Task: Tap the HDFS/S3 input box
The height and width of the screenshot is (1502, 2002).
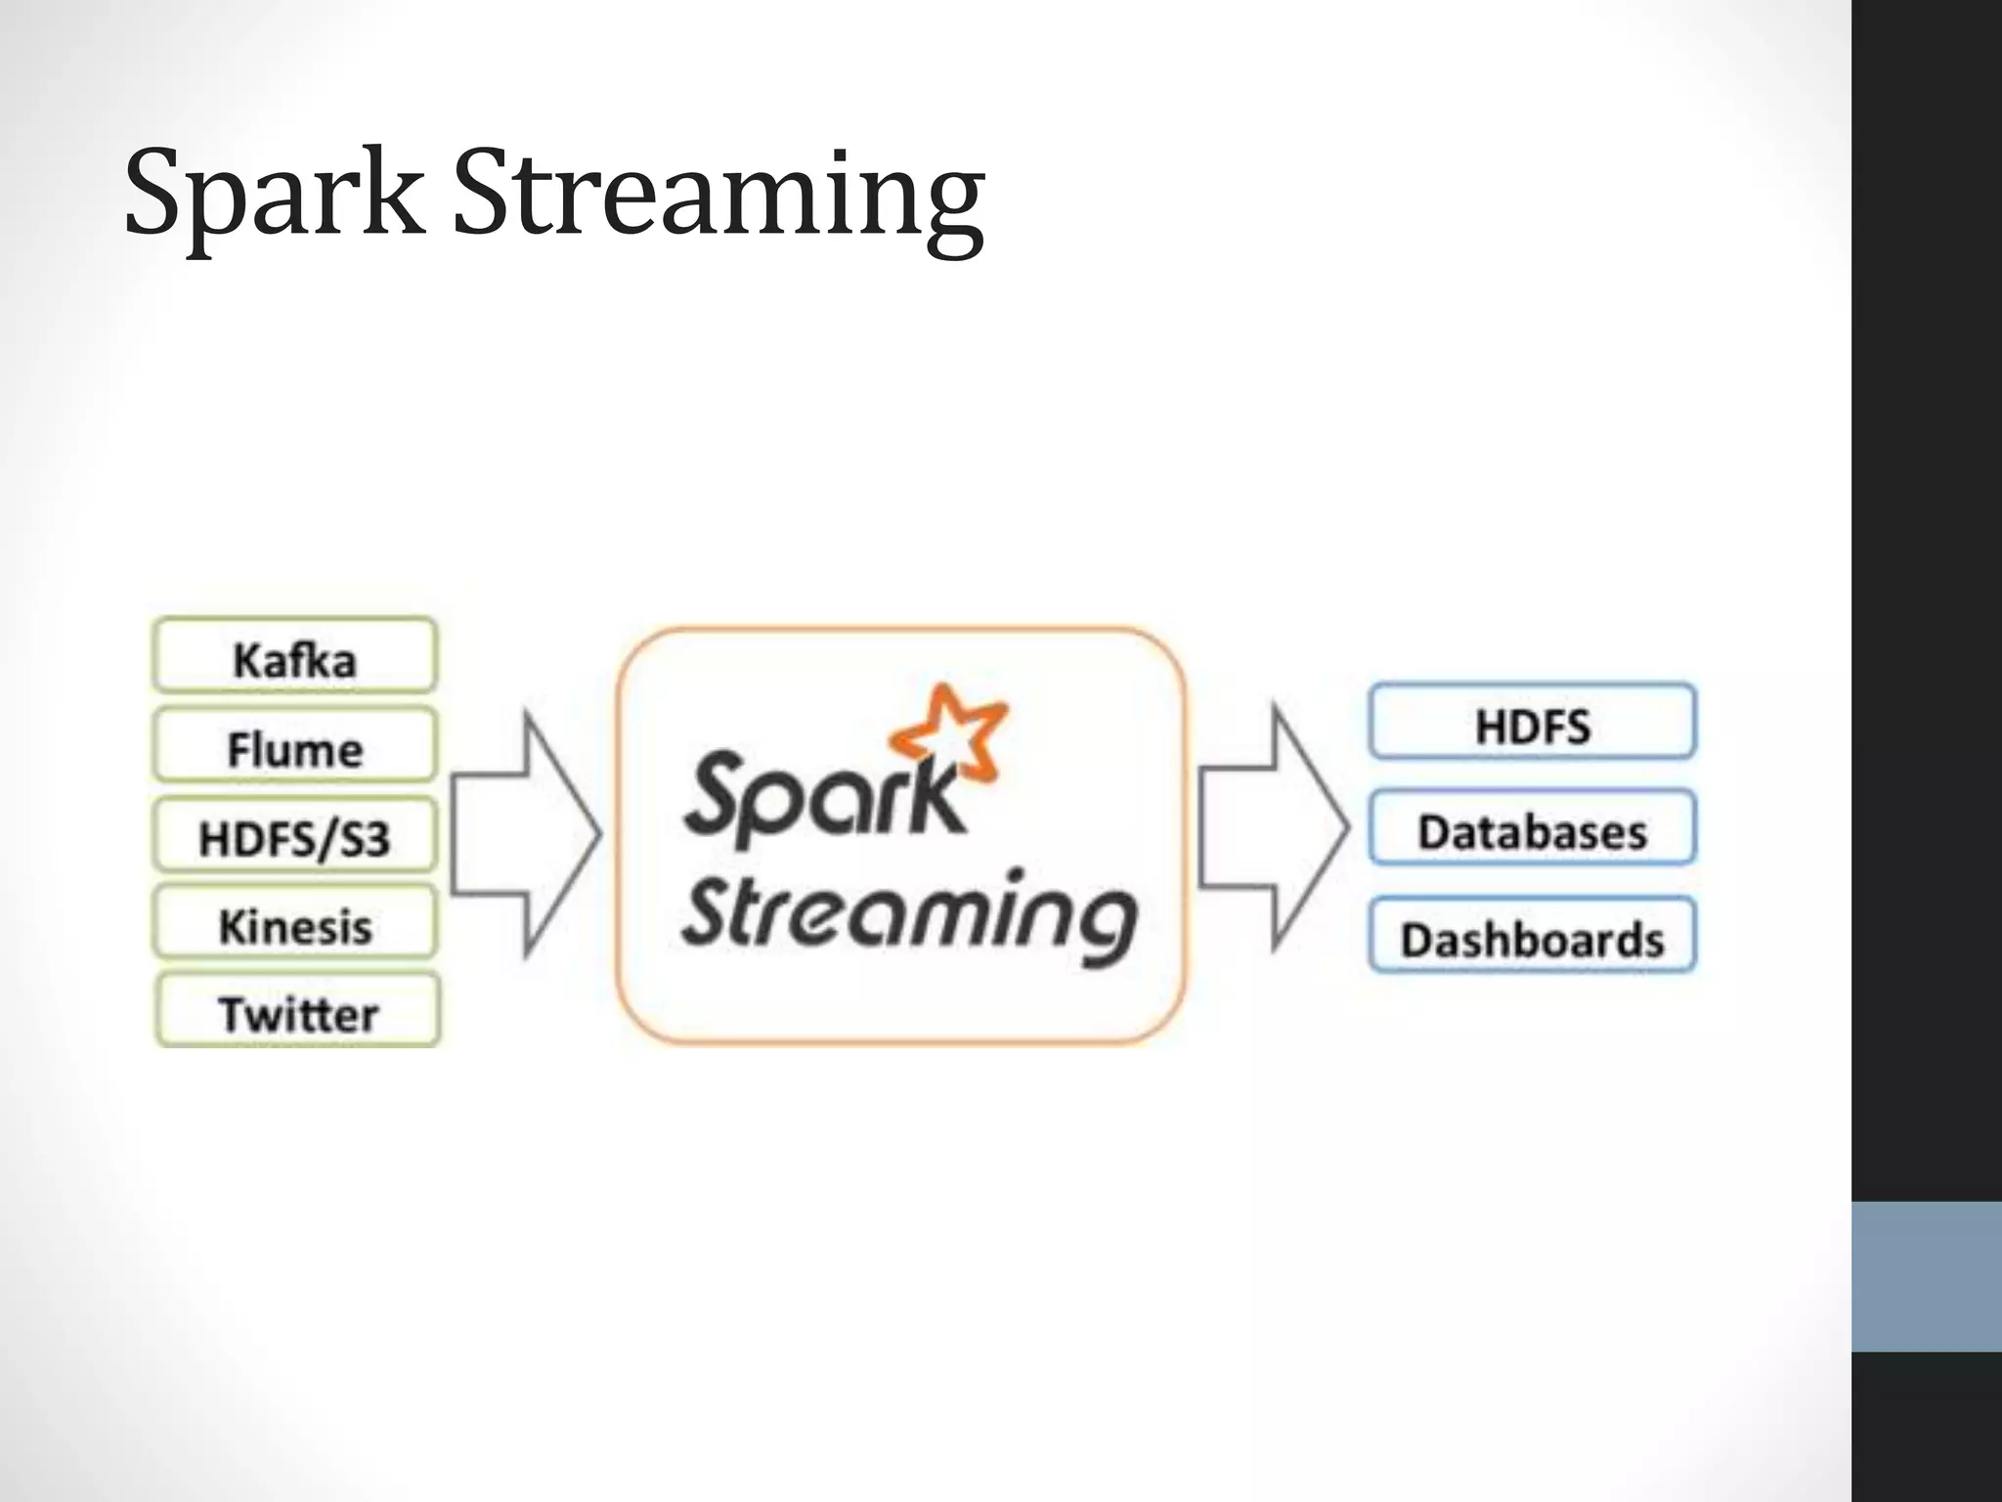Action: pos(294,837)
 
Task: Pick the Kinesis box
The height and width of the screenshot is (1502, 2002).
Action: pos(294,924)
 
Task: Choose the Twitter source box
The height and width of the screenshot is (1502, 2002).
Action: pos(297,1012)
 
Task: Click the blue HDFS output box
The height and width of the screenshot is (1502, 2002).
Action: pos(1532,724)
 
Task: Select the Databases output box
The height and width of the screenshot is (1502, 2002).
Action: pos(1532,830)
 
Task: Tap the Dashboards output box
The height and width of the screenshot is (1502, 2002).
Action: pos(1532,937)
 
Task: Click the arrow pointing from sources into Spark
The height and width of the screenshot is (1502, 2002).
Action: pos(523,834)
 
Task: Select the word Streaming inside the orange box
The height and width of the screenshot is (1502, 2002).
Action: pos(909,914)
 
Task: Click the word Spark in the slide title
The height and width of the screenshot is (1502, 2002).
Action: pos(274,196)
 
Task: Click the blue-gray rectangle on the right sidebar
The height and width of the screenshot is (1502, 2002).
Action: pos(1926,1276)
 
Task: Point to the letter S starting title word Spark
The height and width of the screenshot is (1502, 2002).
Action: pos(156,191)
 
